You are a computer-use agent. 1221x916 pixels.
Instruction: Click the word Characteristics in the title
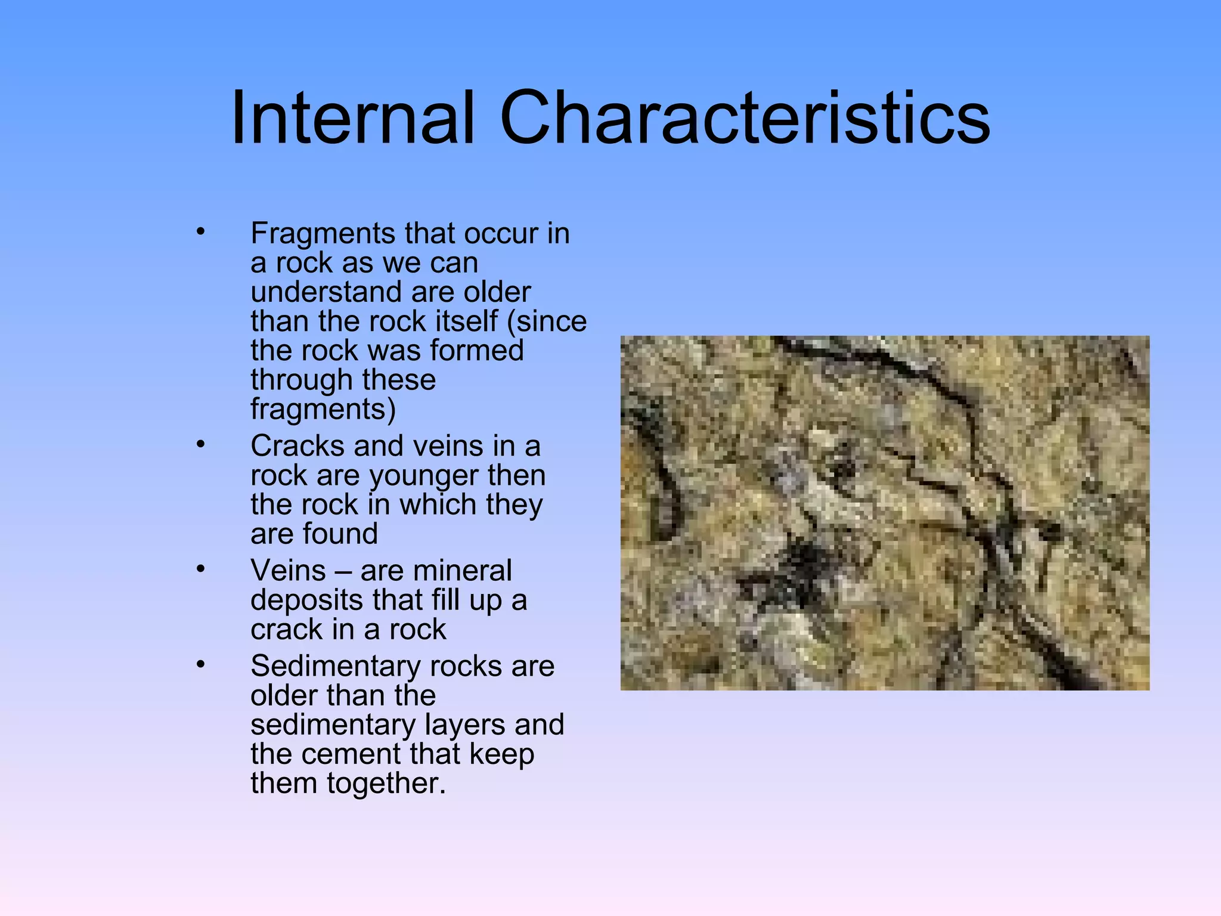click(745, 117)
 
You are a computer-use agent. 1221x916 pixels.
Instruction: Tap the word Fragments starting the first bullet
click(322, 234)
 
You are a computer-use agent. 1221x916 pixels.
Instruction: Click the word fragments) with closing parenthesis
click(323, 410)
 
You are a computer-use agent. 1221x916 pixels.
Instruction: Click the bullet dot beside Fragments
click(200, 231)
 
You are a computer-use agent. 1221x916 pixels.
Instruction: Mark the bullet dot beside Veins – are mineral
click(200, 569)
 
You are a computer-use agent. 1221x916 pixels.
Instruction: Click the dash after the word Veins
click(343, 571)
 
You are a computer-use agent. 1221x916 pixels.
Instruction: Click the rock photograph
click(885, 513)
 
